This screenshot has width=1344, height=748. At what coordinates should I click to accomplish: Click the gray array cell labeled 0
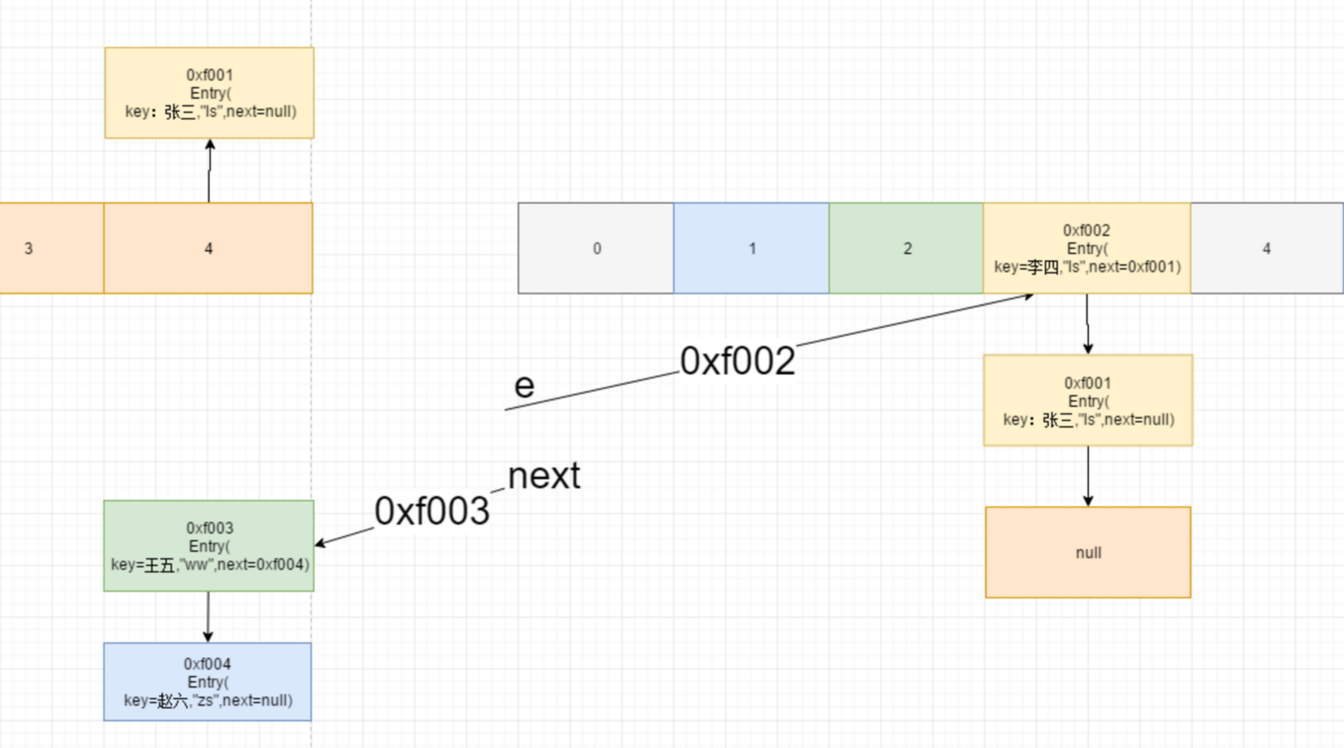[596, 249]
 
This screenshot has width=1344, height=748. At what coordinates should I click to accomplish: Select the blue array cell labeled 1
[751, 249]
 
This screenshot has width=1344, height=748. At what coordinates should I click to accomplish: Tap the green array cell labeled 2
[906, 249]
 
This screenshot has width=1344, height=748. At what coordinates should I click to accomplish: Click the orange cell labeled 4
[208, 249]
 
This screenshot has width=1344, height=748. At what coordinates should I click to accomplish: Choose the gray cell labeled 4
[1266, 249]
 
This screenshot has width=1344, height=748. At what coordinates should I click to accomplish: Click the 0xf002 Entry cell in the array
[1086, 249]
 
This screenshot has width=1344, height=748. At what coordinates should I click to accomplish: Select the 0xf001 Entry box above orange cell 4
[209, 93]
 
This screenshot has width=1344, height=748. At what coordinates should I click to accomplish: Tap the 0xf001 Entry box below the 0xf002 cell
[1087, 401]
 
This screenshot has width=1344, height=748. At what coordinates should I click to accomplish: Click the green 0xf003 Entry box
[209, 546]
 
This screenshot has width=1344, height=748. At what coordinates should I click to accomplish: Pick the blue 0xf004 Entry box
[208, 682]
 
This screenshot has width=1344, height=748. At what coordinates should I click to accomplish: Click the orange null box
[1087, 553]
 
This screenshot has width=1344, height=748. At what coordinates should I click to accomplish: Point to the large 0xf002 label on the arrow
[737, 361]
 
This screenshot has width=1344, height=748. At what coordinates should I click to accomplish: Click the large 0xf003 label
[432, 512]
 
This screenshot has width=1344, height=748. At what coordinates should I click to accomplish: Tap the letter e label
[524, 385]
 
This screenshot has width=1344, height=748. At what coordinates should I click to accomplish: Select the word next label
[544, 476]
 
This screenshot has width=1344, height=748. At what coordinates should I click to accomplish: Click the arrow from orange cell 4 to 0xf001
[209, 171]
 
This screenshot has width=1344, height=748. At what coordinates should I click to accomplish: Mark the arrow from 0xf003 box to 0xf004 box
[208, 616]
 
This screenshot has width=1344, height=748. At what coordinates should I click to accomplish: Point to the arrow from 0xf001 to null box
[1087, 476]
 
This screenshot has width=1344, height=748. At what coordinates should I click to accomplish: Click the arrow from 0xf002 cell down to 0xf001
[1087, 324]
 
